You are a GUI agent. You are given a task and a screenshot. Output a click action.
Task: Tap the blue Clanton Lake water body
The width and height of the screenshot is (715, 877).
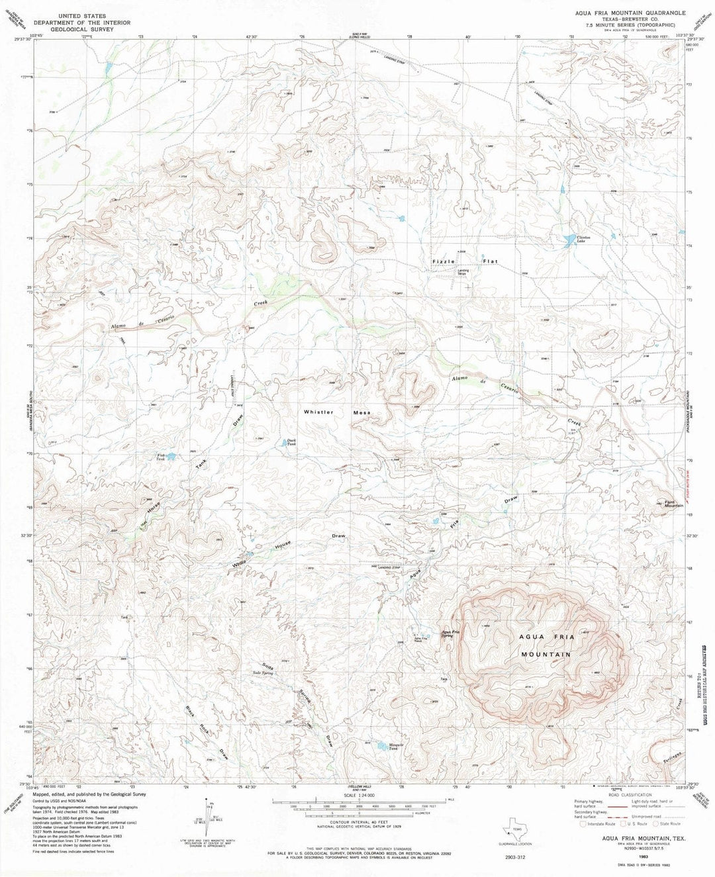[x=568, y=240]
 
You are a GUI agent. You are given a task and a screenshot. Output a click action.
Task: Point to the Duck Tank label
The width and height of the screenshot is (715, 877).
[x=290, y=443]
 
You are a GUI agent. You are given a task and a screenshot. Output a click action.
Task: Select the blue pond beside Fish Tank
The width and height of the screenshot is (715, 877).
[x=171, y=457]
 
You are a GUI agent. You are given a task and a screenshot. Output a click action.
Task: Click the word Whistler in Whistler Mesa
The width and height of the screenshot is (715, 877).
[x=318, y=412]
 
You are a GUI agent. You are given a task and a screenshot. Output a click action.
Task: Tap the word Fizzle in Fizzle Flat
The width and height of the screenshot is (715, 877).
[x=444, y=261]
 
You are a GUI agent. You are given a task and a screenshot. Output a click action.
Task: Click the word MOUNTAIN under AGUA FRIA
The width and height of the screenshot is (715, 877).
[x=545, y=654]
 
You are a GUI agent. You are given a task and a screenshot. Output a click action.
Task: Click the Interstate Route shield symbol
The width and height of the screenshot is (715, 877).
[x=583, y=824]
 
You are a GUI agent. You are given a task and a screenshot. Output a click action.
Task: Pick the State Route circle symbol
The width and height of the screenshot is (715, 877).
[x=655, y=824]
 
